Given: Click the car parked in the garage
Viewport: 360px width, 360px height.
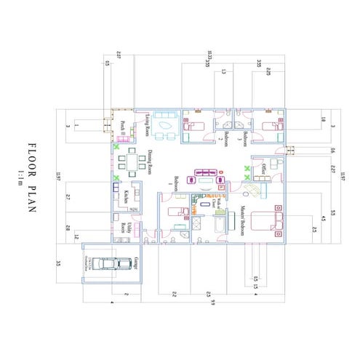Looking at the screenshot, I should coord(107,263).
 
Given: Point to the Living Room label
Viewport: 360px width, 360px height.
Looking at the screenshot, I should coord(147,125).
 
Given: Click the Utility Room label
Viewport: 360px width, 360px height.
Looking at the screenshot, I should coord(128,228).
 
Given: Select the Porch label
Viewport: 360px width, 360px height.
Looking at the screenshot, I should coord(124,127).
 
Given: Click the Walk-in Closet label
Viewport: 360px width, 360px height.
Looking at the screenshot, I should coord(216,203).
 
